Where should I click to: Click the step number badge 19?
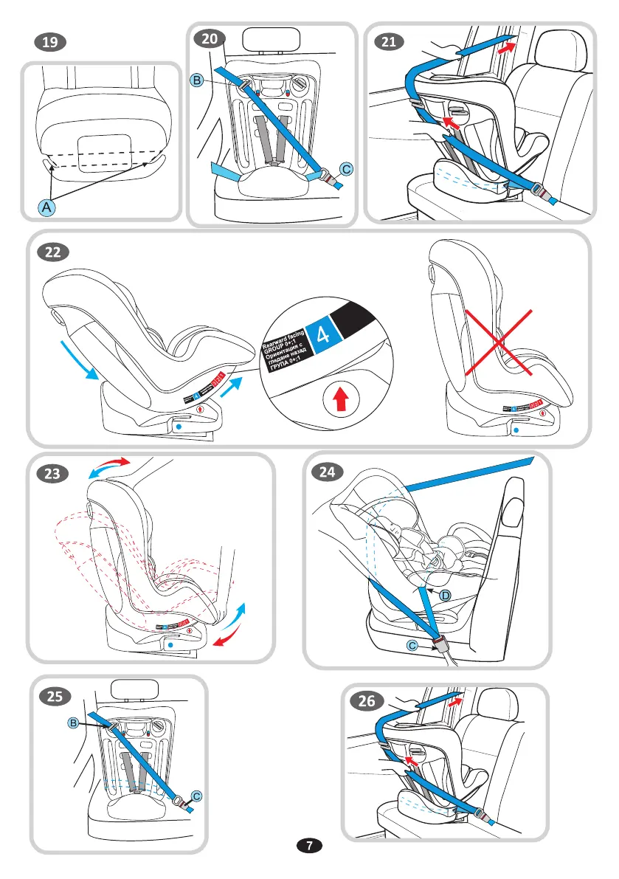pos(50,43)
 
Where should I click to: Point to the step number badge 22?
pos(53,252)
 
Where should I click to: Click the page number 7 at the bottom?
pos(309,844)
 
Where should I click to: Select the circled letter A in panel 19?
pos(46,209)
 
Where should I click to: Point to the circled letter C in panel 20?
pos(345,170)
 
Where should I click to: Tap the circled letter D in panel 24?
pos(446,595)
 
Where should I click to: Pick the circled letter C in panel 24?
pos(413,646)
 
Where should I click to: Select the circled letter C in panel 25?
pos(196,796)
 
